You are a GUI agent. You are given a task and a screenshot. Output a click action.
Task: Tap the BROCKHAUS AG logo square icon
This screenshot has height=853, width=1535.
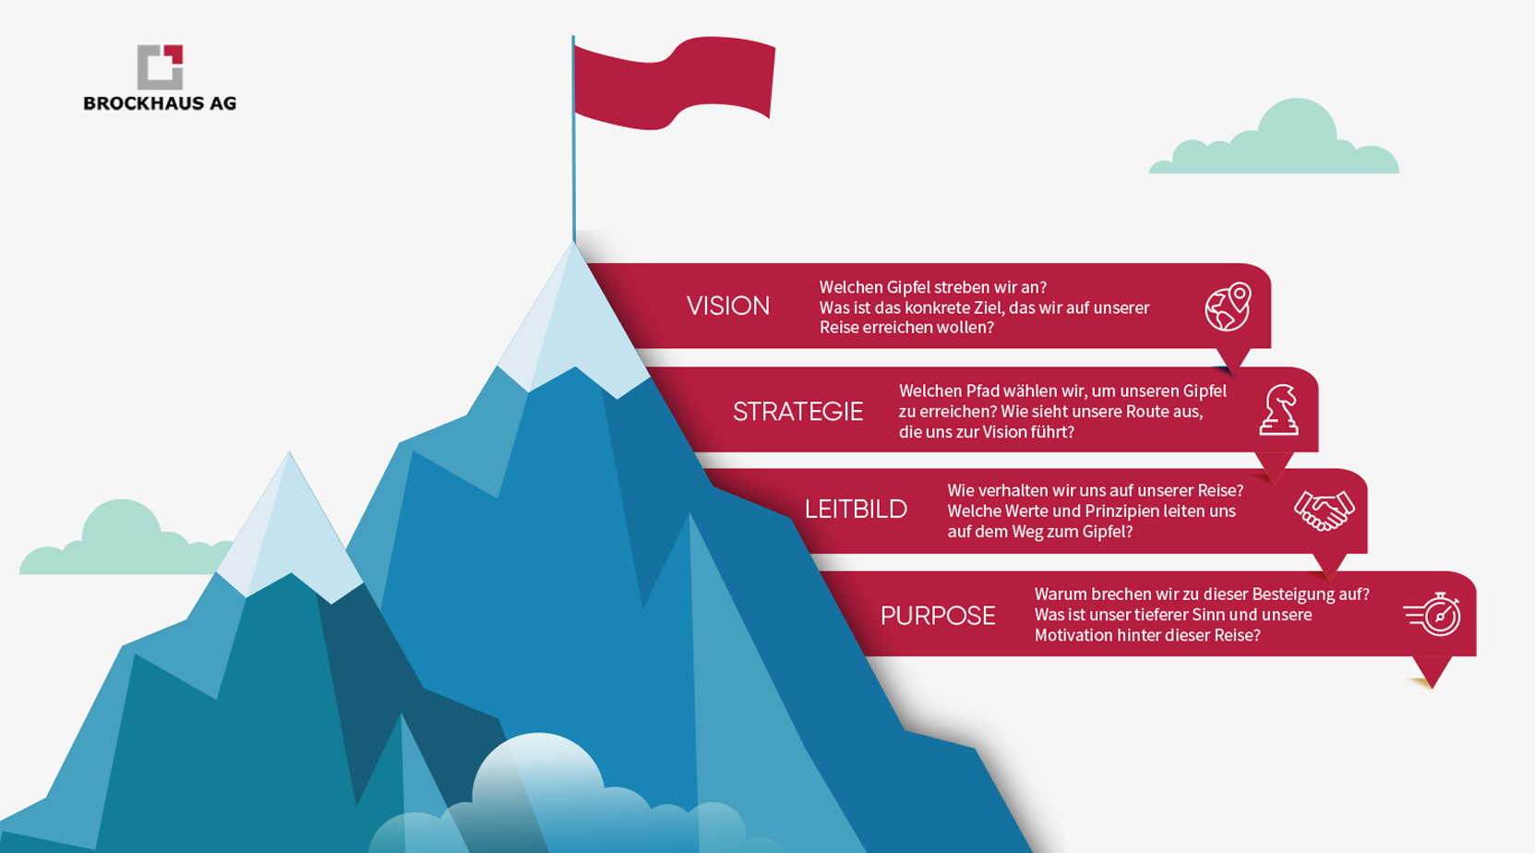(161, 67)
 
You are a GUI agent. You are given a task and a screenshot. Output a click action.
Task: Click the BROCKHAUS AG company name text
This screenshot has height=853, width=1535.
(160, 103)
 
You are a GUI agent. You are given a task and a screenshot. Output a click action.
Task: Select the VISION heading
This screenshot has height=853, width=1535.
(727, 306)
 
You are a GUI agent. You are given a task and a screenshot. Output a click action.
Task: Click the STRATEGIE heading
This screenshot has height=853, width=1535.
(797, 412)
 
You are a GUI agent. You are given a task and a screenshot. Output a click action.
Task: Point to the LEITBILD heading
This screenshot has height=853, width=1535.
(856, 509)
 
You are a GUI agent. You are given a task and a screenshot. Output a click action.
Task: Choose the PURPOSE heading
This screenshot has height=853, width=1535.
(938, 616)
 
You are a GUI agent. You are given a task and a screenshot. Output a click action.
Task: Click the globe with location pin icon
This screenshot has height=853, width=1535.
(1228, 306)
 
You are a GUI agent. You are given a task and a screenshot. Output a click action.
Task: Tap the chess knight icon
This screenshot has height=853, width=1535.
(1278, 410)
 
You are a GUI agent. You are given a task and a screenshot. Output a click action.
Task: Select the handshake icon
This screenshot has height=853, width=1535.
(1324, 511)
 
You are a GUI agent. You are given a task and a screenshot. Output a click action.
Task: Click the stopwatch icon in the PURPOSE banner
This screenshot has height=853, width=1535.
(1433, 614)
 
